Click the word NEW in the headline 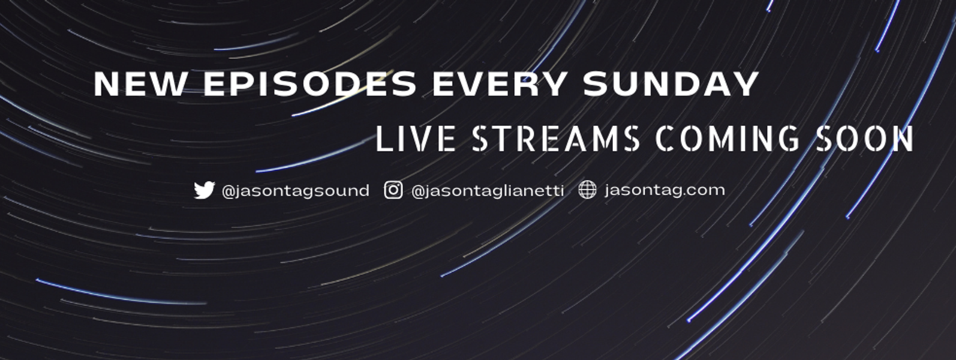coord(140,84)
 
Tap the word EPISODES coord(309,84)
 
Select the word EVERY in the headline coord(500,84)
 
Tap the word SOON coord(865,139)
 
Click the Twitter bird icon coord(204,190)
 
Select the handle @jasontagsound coord(295,191)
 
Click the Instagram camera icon coord(393,190)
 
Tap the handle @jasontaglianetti coord(488,191)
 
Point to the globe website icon coord(587,190)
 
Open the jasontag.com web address coord(665,190)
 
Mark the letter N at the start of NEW coord(107,84)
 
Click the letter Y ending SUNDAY coord(745,84)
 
